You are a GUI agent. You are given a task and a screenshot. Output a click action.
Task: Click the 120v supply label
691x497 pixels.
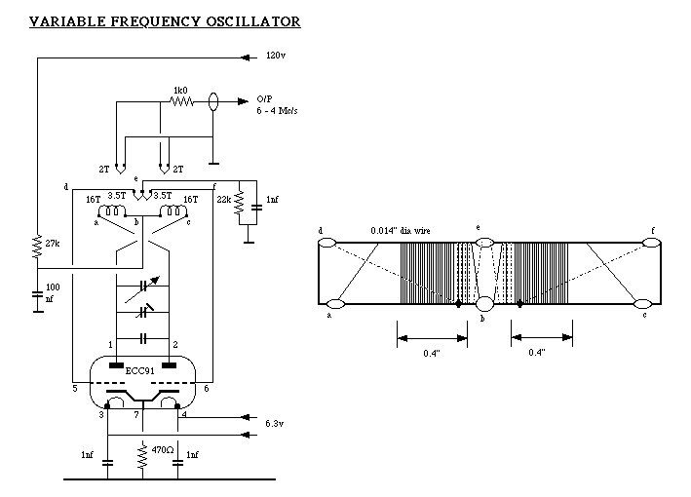coord(276,57)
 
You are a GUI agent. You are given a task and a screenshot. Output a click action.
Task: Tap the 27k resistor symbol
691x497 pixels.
coord(36,244)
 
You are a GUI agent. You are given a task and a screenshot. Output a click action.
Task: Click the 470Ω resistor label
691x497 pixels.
coord(163,449)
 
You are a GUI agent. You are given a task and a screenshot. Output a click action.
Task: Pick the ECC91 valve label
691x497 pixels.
coord(136,371)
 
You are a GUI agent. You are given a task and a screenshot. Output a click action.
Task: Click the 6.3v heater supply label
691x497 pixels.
coord(275,424)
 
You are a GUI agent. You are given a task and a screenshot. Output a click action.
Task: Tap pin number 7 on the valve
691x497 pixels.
coord(136,415)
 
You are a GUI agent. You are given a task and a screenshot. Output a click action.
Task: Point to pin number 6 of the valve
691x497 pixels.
coord(205,389)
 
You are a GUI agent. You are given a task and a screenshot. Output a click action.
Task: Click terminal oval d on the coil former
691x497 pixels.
coord(327,243)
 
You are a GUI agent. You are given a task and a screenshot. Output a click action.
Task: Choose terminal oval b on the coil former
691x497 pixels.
coord(484,304)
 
